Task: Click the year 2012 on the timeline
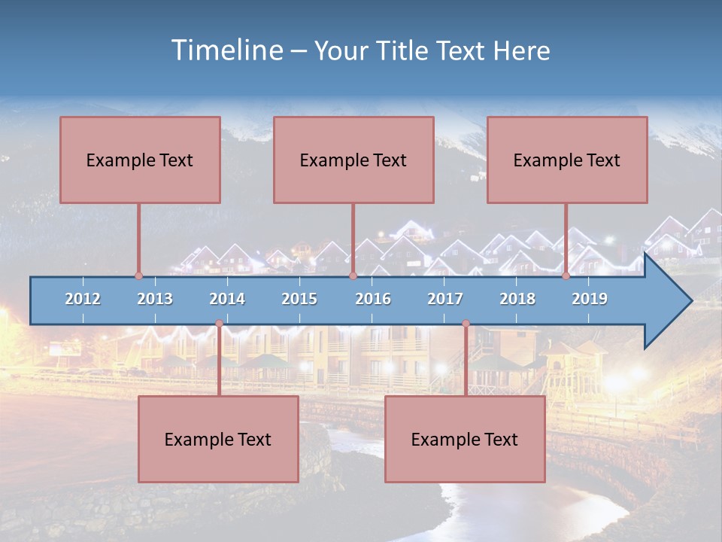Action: click(83, 299)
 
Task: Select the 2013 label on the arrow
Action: click(155, 299)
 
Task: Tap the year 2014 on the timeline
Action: click(227, 299)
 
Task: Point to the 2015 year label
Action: click(299, 299)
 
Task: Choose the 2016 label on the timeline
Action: click(373, 299)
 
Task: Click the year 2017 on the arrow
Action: click(445, 299)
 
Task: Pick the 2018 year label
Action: click(517, 299)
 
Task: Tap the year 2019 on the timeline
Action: click(590, 299)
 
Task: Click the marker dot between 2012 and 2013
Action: click(138, 276)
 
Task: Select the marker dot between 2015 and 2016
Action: click(353, 276)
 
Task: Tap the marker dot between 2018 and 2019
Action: click(566, 276)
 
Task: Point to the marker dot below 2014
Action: click(219, 324)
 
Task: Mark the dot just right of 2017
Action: click(466, 324)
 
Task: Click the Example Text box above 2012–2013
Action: click(140, 160)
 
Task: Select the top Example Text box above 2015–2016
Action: click(353, 160)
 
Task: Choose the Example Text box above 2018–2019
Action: click(567, 160)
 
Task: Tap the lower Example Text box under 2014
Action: click(218, 439)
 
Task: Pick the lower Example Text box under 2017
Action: click(465, 439)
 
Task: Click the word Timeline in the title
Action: click(225, 50)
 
